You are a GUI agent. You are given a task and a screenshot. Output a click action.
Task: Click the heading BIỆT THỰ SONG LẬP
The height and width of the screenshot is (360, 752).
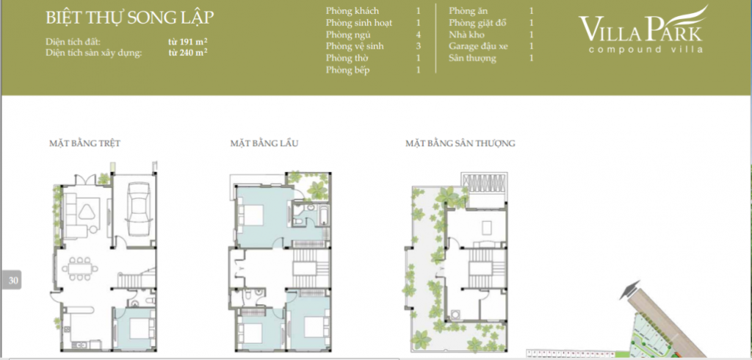[x=129, y=18]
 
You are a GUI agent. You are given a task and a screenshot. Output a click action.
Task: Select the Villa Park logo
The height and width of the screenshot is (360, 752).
[x=643, y=30]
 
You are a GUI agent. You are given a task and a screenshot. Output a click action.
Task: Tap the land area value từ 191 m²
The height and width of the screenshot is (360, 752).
[x=187, y=41]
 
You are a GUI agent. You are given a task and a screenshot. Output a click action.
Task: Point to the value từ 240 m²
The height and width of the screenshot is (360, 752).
[x=187, y=52]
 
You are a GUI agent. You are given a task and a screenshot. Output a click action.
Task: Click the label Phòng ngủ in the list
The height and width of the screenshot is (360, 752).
[x=348, y=35]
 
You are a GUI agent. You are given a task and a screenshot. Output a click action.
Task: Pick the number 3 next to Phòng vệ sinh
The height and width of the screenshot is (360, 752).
[x=418, y=46]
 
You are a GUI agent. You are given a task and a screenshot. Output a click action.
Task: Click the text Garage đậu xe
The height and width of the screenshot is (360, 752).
[x=478, y=46]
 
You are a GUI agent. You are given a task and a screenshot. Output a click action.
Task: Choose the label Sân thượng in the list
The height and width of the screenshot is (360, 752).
[x=472, y=58]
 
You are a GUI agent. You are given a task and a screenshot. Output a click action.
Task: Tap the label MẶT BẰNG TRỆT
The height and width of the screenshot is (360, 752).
[x=84, y=143]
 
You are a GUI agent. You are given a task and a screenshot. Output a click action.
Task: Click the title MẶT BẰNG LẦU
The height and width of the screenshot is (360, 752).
[x=264, y=143]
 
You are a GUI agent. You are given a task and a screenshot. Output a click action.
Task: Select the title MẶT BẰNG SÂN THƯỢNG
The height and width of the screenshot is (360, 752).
[x=460, y=143]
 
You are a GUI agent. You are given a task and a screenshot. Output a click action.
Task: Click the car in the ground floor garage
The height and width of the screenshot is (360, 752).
[x=138, y=209]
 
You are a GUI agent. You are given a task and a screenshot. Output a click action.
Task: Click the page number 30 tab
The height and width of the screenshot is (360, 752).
[x=12, y=281]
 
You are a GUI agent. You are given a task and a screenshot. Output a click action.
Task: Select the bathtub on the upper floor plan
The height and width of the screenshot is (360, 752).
[x=324, y=215]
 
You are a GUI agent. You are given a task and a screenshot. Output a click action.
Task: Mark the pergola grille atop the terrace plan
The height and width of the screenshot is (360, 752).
[x=482, y=184]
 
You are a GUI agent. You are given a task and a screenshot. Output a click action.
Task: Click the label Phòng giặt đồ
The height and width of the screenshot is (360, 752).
[x=477, y=23]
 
